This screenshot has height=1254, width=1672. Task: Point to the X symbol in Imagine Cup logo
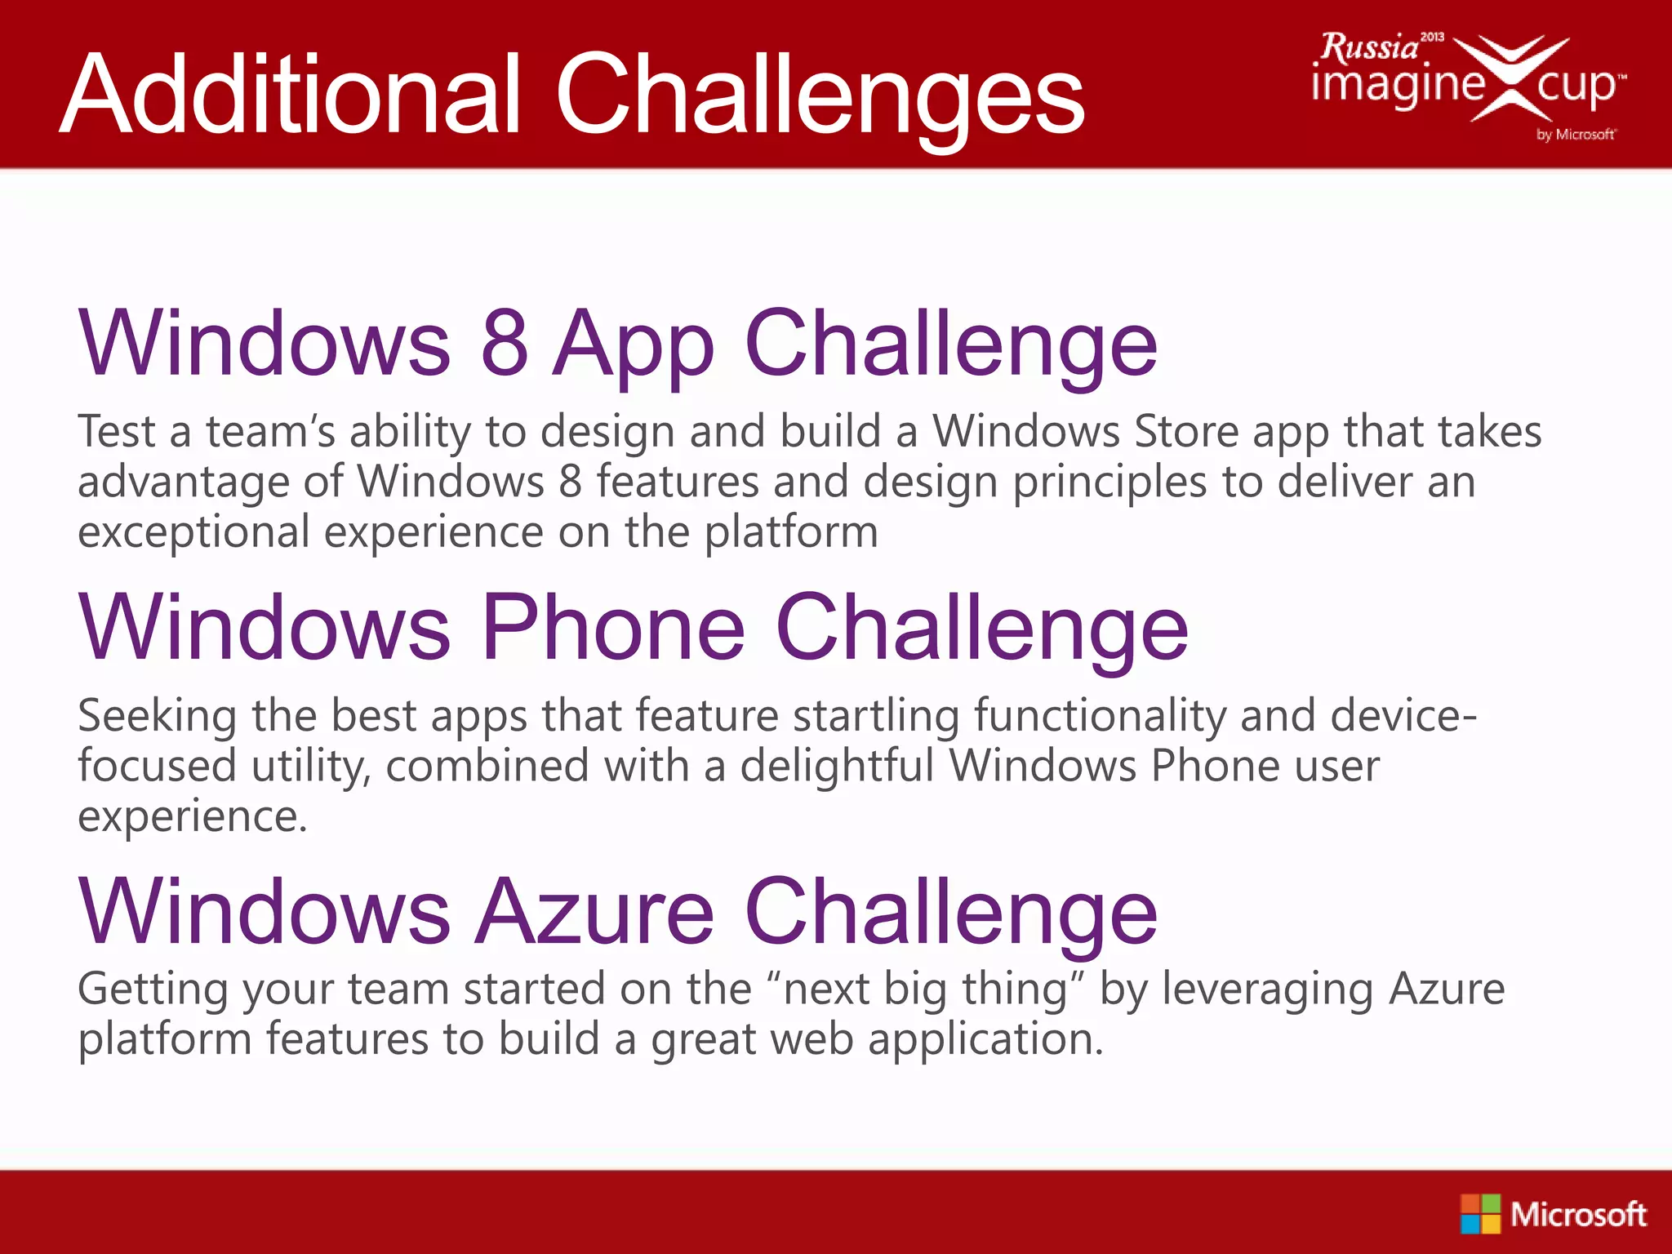(1510, 78)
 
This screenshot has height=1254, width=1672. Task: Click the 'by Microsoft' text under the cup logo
(1576, 135)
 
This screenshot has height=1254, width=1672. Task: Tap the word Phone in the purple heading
(613, 627)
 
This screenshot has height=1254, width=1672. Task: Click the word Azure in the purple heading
(595, 911)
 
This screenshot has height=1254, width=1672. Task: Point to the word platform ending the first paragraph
(791, 533)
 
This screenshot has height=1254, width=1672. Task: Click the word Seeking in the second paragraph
(157, 717)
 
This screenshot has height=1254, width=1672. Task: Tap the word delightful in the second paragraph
(837, 767)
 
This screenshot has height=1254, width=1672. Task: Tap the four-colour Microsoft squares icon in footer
(1480, 1214)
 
